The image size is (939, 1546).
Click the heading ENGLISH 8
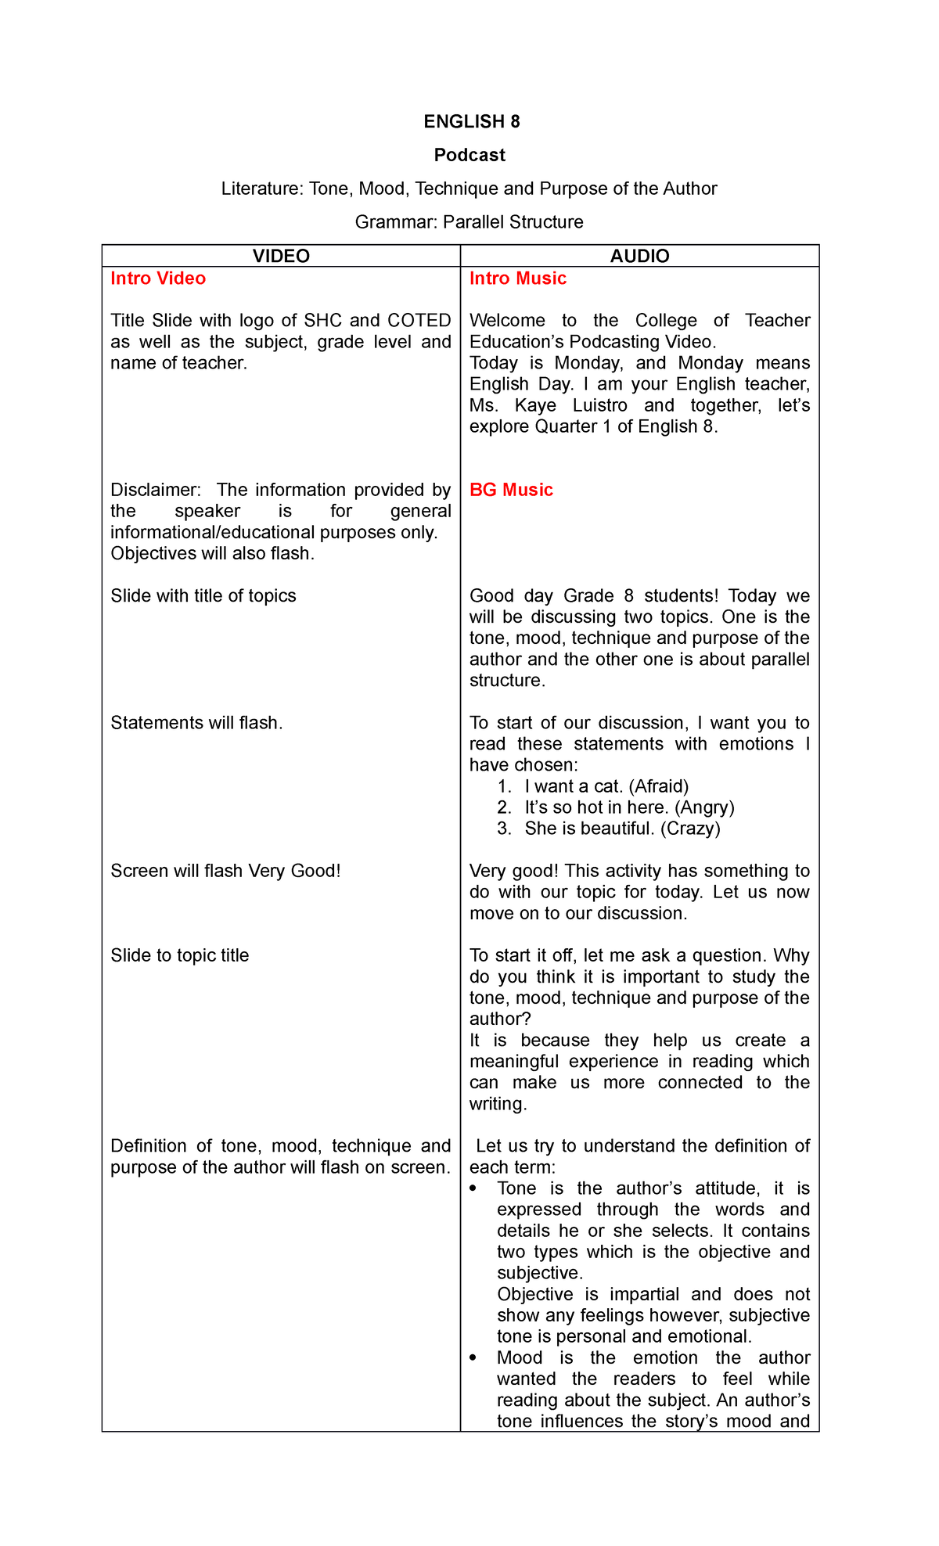click(x=471, y=121)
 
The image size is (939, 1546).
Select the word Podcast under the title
click(x=469, y=155)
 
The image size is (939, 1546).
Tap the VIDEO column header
click(x=281, y=256)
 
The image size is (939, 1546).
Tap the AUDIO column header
click(x=639, y=256)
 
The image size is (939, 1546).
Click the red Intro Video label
click(x=158, y=279)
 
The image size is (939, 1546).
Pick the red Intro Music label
click(x=517, y=279)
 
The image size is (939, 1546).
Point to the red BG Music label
click(x=511, y=490)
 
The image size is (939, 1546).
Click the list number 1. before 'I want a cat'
click(x=504, y=786)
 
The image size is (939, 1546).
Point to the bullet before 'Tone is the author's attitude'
click(x=473, y=1188)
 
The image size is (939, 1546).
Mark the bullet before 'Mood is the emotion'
click(x=473, y=1358)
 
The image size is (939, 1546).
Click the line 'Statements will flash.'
click(x=196, y=723)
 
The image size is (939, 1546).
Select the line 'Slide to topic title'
click(x=179, y=955)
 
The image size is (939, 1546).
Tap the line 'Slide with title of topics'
click(x=203, y=596)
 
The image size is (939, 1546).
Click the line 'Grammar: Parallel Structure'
click(x=469, y=222)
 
